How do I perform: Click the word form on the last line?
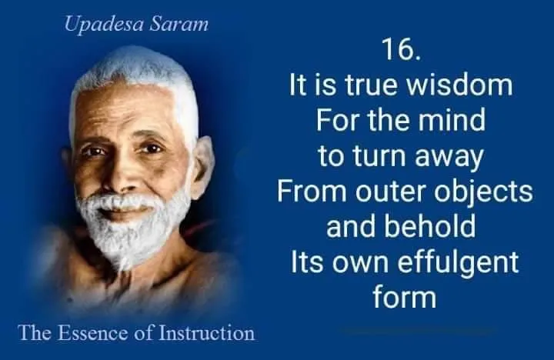(x=404, y=297)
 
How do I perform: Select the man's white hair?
(x=127, y=73)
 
